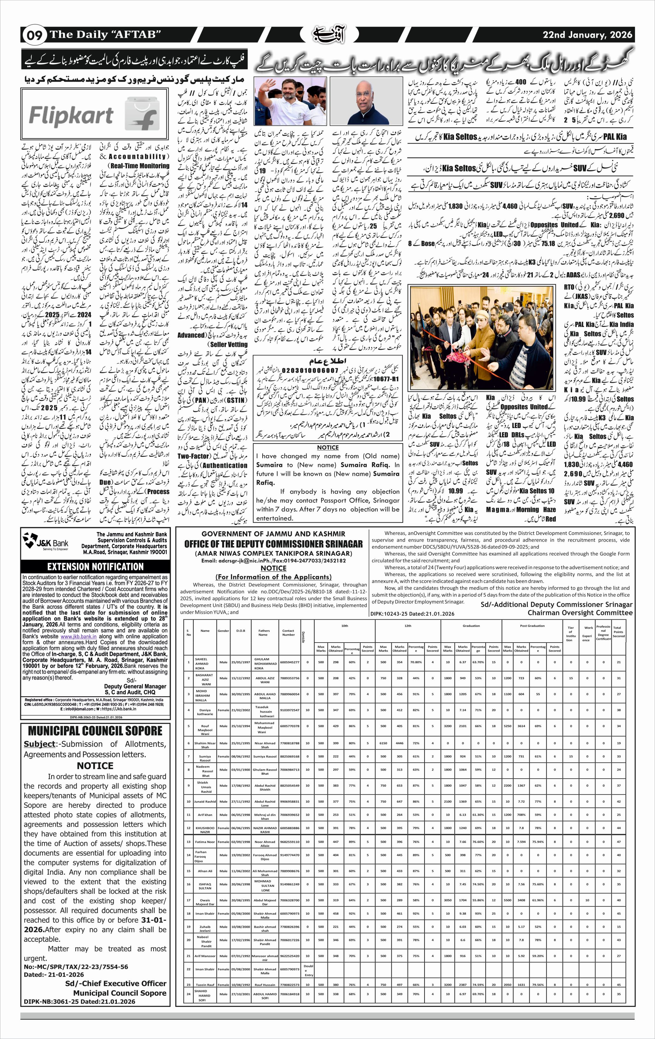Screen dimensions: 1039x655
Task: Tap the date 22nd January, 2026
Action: (588, 35)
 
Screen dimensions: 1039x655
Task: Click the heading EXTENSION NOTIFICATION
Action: (95, 567)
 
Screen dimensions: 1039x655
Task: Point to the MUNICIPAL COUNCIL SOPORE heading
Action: (95, 731)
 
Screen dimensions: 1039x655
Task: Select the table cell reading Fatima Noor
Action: (205, 842)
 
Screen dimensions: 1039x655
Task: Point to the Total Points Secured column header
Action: (618, 632)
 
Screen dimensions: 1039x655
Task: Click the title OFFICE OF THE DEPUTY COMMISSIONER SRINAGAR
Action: (273, 544)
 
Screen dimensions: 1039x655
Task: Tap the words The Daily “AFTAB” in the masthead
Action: (105, 35)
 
